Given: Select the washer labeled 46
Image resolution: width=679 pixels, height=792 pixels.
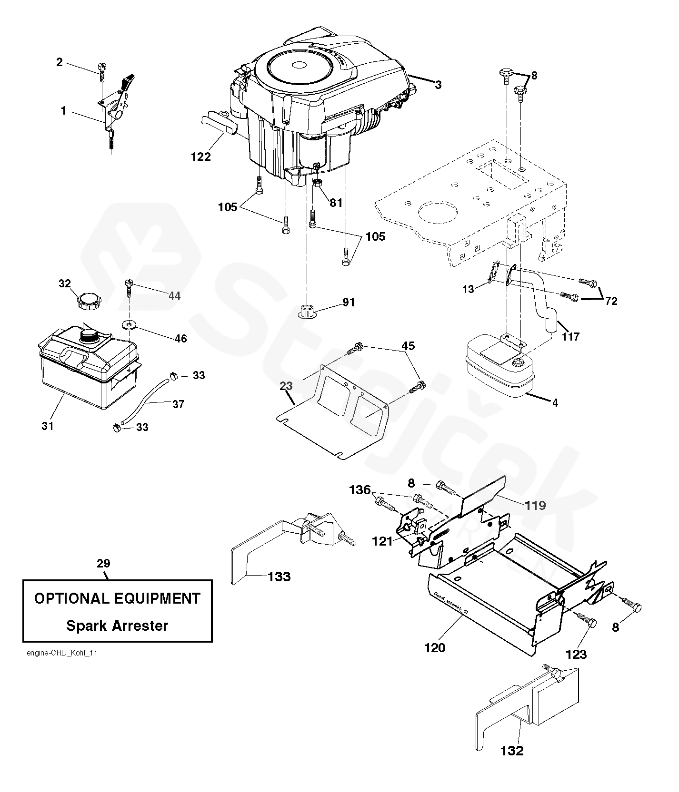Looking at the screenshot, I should [x=129, y=325].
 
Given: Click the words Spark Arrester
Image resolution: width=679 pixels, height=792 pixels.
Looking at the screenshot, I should [x=117, y=626].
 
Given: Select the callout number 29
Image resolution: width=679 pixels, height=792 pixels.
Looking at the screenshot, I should [x=103, y=563].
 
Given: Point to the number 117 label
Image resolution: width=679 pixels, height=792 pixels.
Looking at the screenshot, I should [x=570, y=336].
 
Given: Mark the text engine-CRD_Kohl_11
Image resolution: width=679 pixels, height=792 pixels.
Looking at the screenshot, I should [x=62, y=653].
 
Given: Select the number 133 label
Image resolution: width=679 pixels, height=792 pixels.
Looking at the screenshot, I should [x=279, y=577].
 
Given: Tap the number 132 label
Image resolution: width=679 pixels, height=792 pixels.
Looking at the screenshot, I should [x=512, y=751].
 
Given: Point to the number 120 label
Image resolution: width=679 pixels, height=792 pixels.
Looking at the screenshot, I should [x=435, y=647].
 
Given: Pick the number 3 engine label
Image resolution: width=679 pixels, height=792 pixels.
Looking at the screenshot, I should [x=438, y=85].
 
